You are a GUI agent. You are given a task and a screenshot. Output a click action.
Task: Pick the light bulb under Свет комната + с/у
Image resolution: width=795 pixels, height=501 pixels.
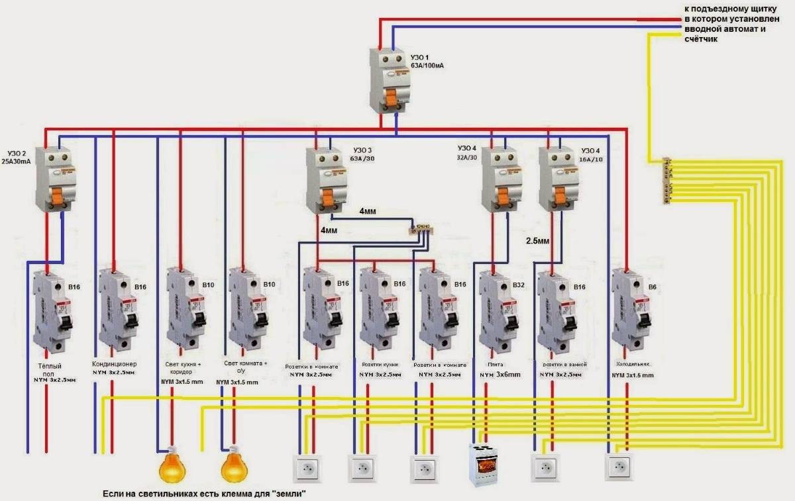233,466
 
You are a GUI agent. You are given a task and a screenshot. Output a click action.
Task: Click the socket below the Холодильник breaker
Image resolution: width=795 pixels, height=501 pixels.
619,467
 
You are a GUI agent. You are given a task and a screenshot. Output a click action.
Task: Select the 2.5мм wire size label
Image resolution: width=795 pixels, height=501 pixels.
537,241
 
